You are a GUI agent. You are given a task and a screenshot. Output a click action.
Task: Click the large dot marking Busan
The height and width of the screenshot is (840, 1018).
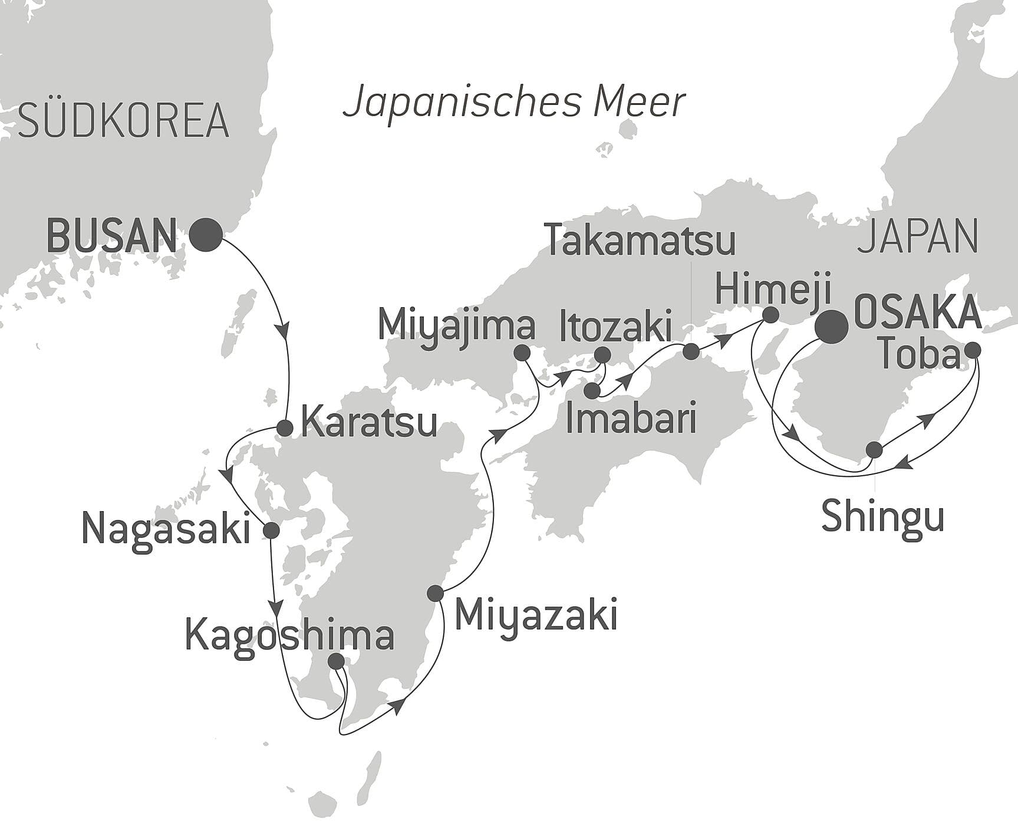206,235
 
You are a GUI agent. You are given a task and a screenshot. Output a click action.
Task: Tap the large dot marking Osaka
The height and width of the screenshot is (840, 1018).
831,327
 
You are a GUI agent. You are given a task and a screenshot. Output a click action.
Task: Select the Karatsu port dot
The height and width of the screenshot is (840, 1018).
285,429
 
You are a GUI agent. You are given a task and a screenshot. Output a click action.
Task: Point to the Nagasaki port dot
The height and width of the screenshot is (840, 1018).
271,530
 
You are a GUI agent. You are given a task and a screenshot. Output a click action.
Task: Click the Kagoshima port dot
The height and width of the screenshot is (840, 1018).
336,661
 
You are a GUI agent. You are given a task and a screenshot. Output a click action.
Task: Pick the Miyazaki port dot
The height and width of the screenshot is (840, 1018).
435,593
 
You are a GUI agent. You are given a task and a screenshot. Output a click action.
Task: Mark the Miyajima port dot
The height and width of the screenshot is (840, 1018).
521,353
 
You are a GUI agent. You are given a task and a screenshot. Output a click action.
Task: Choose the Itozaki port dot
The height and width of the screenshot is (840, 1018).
602,354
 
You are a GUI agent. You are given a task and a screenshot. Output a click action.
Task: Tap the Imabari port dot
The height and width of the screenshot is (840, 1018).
593,390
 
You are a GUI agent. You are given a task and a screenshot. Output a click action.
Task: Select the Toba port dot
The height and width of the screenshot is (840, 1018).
972,350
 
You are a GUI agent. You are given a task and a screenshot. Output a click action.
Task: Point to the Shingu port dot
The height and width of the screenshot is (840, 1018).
874,450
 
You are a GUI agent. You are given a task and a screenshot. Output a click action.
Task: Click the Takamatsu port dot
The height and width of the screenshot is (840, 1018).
691,352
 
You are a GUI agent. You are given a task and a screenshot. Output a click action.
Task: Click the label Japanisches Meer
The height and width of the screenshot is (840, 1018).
514,102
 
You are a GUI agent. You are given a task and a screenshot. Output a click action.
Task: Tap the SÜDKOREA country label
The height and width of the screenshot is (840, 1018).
123,121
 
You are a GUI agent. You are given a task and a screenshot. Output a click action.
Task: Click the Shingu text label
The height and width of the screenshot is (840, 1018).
882,516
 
